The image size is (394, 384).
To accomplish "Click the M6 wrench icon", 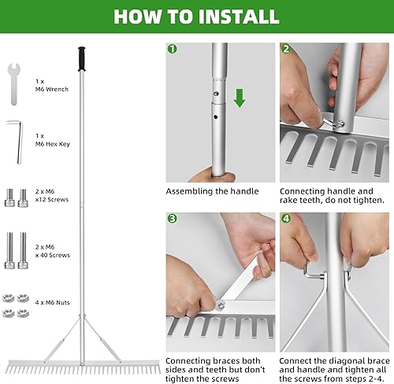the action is pyautogui.click(x=14, y=84).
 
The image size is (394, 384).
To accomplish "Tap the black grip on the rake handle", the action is pyautogui.click(x=82, y=59).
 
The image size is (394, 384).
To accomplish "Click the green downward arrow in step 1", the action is pyautogui.click(x=240, y=98).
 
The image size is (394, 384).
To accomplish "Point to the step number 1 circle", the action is pyautogui.click(x=172, y=49).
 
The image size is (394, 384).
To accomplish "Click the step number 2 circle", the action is pyautogui.click(x=286, y=49).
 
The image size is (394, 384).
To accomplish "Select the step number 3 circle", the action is pyautogui.click(x=172, y=219).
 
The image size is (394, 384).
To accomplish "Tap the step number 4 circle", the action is pyautogui.click(x=286, y=219).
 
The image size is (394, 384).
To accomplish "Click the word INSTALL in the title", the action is pyautogui.click(x=238, y=17).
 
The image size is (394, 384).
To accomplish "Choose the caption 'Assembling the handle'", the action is pyautogui.click(x=212, y=191).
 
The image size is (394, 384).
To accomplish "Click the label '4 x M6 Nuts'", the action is pyautogui.click(x=53, y=302).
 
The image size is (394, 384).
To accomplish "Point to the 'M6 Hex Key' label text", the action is pyautogui.click(x=53, y=144).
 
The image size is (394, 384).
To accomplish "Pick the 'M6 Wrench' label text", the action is pyautogui.click(x=52, y=89).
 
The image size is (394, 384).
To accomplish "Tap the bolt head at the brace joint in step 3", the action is pyautogui.click(x=221, y=305).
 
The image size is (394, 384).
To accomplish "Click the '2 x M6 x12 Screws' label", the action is pyautogui.click(x=52, y=195).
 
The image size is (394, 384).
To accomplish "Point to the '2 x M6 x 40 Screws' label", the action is pyautogui.click(x=53, y=251).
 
